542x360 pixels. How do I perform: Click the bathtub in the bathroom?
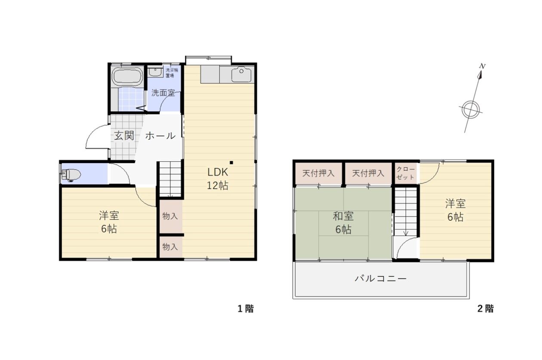(x=127, y=77)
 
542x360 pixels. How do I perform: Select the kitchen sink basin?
(x=241, y=74)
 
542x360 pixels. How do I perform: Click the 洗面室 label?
(x=163, y=93)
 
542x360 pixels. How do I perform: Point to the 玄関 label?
(x=124, y=136)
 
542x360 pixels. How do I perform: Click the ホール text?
(x=160, y=136)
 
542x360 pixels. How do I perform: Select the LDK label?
(x=218, y=172)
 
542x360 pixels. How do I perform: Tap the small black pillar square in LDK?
(x=231, y=163)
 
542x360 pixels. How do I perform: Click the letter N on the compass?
(x=482, y=66)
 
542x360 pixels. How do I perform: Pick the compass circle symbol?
(x=471, y=109)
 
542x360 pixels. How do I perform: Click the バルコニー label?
(x=381, y=279)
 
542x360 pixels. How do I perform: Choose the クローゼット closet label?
(x=406, y=173)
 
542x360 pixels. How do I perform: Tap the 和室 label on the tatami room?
(x=343, y=216)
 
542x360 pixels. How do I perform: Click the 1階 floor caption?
(x=246, y=309)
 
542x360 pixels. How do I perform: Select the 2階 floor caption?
(x=485, y=309)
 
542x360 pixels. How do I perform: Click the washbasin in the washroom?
(x=155, y=72)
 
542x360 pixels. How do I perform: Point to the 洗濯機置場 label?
(x=172, y=73)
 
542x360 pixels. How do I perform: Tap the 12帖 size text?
(x=218, y=185)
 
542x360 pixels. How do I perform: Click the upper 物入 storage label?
(x=170, y=216)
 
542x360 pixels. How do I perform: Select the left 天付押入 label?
(x=318, y=173)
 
